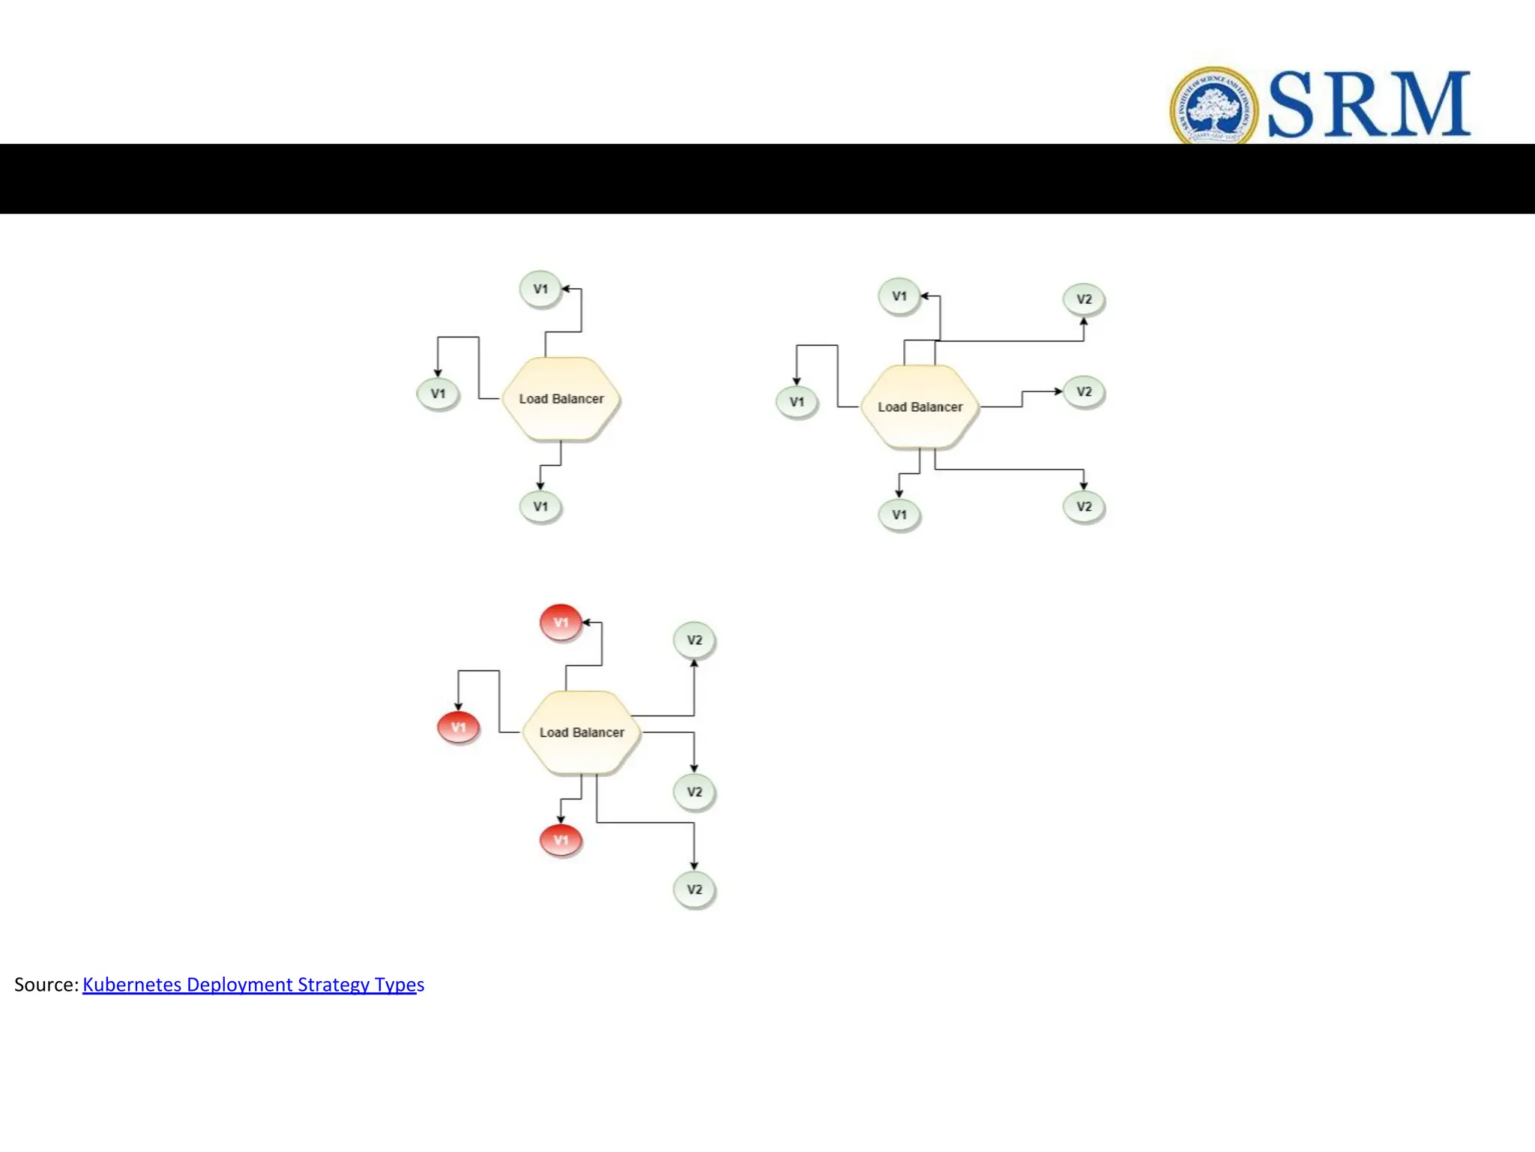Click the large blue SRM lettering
[1369, 105]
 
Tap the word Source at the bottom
[45, 985]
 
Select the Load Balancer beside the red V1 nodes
[582, 732]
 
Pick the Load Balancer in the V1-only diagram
[561, 399]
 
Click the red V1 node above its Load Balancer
[561, 622]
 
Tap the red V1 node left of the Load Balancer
[458, 727]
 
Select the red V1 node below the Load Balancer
[561, 840]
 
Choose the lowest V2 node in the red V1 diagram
[695, 889]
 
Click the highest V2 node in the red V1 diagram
[695, 640]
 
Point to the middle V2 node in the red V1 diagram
[695, 792]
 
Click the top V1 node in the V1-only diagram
[540, 289]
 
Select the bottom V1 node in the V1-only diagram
[540, 507]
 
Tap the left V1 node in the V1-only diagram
[438, 394]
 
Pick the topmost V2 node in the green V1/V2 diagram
[1084, 299]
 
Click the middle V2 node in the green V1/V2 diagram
[1084, 391]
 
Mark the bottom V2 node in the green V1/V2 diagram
[1084, 506]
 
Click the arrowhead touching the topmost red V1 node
[587, 622]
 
